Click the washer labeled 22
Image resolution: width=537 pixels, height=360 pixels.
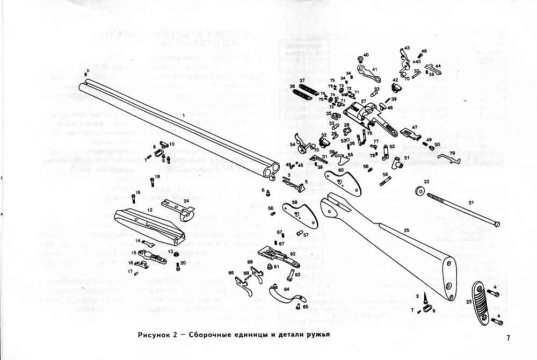419,191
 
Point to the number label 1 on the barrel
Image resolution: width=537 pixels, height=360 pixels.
183,116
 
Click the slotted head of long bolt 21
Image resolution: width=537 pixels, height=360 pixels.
497,224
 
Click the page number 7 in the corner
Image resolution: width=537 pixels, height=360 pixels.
507,338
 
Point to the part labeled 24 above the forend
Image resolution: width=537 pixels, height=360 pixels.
178,208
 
